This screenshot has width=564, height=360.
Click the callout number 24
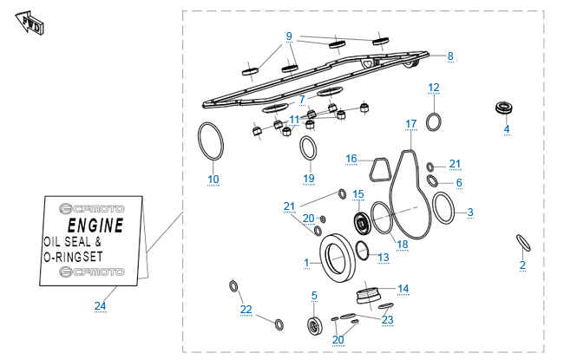click(101, 305)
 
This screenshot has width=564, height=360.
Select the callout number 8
click(450, 56)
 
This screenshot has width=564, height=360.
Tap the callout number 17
click(411, 124)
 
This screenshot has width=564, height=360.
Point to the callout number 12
click(434, 88)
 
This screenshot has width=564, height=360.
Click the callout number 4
click(507, 129)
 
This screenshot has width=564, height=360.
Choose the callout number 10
click(213, 180)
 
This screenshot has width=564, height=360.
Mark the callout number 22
click(246, 310)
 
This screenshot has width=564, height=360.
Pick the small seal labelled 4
click(502, 108)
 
